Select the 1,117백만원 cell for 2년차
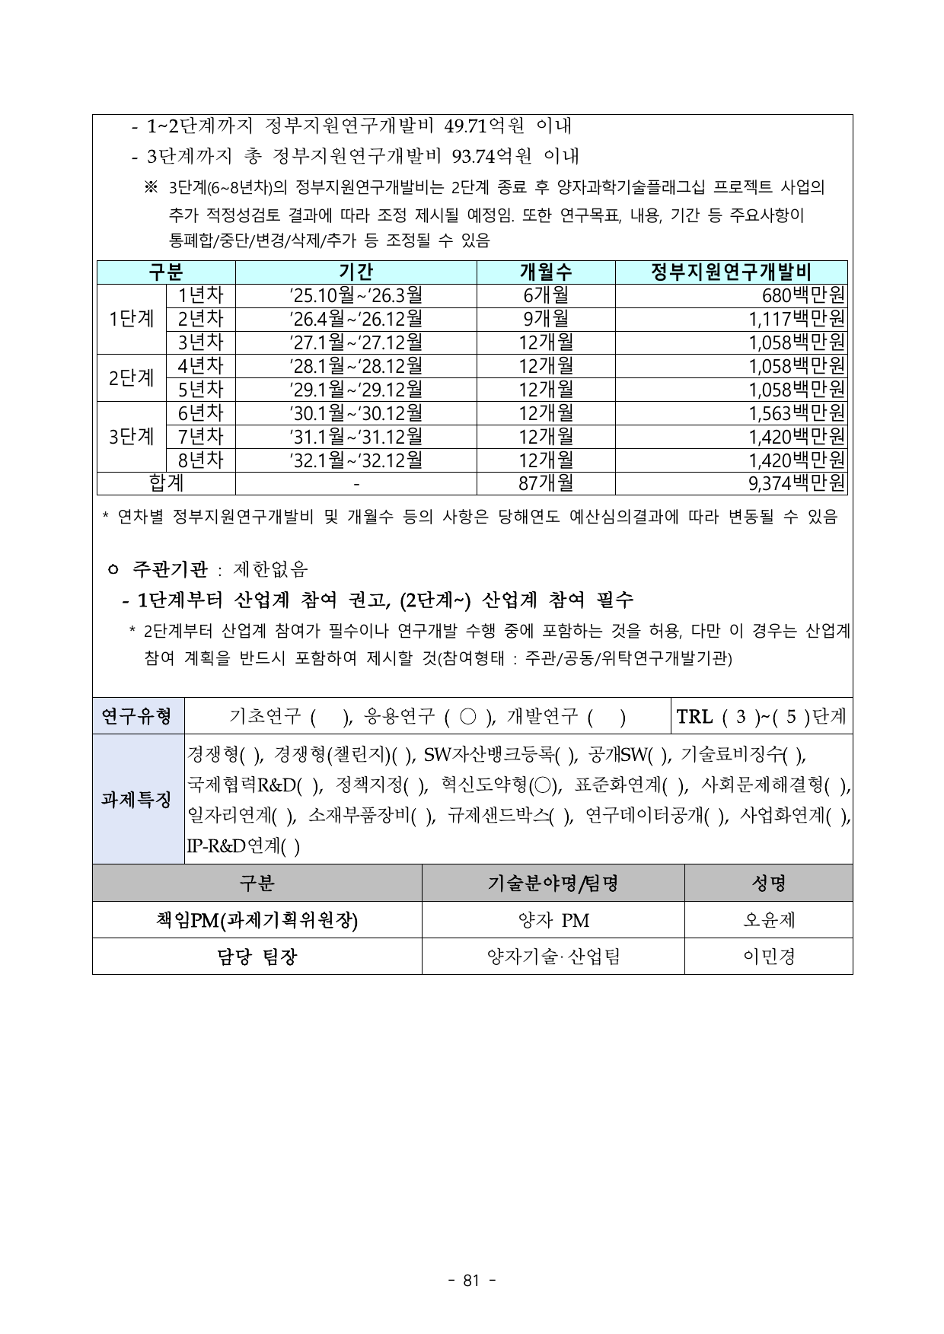(797, 319)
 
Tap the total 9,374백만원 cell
(797, 483)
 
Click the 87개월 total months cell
(546, 483)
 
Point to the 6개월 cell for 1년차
(546, 295)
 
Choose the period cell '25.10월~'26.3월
(356, 295)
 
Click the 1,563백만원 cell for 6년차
(797, 413)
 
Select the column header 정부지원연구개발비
(731, 272)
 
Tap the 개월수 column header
(546, 272)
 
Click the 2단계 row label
(131, 377)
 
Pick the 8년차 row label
(200, 460)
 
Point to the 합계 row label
(166, 483)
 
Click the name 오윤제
(768, 921)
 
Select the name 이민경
(768, 957)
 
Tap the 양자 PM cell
(553, 921)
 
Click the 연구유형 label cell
(138, 716)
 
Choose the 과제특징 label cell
(138, 799)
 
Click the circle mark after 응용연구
(469, 716)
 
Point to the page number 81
(471, 1281)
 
